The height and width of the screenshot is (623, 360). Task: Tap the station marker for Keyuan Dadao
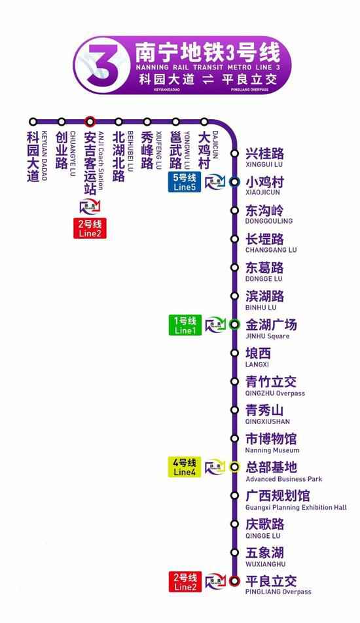tap(33, 122)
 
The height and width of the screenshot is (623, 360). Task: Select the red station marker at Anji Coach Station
tap(90, 122)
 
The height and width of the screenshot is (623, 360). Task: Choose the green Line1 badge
tap(185, 325)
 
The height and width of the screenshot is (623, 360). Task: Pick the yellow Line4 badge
tap(185, 467)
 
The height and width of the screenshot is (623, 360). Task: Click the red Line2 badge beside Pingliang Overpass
tap(185, 581)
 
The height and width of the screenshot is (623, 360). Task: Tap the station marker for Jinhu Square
tap(234, 324)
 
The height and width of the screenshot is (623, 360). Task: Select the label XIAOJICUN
tap(262, 193)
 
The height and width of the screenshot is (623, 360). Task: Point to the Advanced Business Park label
tap(283, 479)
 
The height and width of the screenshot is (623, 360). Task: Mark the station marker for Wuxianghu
tap(234, 552)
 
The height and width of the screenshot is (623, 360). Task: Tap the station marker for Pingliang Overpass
tap(234, 580)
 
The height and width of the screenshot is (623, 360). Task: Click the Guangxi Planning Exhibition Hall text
tap(296, 507)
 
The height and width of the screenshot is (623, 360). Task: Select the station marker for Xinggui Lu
tap(234, 154)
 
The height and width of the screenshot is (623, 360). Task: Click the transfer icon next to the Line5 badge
tap(214, 182)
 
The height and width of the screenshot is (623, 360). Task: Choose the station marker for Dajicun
tap(204, 122)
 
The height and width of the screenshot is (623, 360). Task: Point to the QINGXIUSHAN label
tap(267, 422)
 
